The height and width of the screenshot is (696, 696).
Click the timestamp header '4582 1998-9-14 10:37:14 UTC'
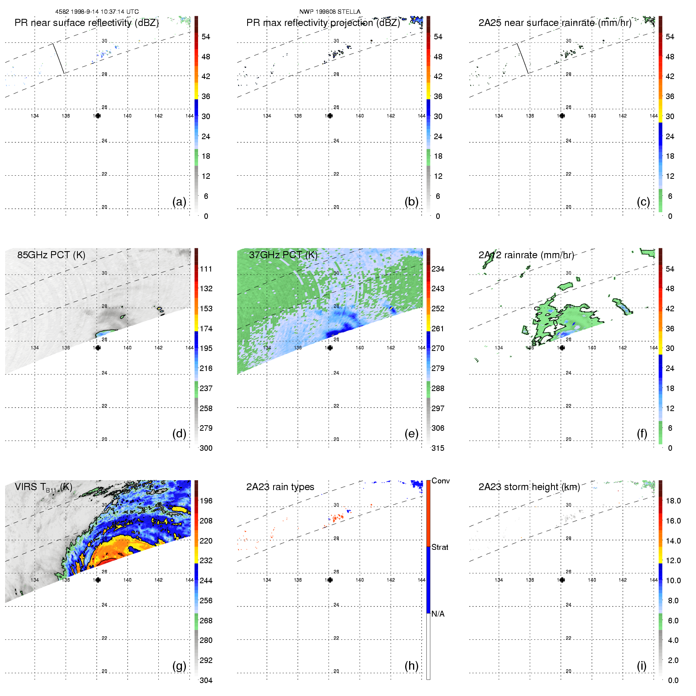pyautogui.click(x=97, y=12)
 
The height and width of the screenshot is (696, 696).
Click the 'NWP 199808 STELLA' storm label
pyautogui.click(x=330, y=12)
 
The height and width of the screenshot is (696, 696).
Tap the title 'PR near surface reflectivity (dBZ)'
pyautogui.click(x=86, y=23)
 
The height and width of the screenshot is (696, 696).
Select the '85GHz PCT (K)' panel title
pyautogui.click(x=51, y=255)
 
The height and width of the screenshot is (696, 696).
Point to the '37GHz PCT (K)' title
pyautogui.click(x=283, y=255)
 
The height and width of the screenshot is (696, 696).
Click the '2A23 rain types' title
pyautogui.click(x=280, y=487)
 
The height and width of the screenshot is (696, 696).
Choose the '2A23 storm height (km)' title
pyautogui.click(x=529, y=487)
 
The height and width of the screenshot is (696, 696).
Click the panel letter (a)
pyautogui.click(x=179, y=202)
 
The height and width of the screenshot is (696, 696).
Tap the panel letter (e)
pyautogui.click(x=411, y=433)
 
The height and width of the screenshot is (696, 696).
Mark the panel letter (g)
pyautogui.click(x=179, y=666)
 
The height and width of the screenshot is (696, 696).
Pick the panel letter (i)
pyautogui.click(x=642, y=666)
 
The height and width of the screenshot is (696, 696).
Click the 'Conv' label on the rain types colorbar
pyautogui.click(x=441, y=481)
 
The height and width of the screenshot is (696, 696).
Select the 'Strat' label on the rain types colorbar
pyautogui.click(x=440, y=547)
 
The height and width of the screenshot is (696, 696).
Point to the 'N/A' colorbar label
pyautogui.click(x=438, y=614)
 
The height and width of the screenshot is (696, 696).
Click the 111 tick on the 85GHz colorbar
pyautogui.click(x=206, y=269)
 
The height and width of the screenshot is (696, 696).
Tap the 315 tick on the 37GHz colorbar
pyautogui.click(x=438, y=448)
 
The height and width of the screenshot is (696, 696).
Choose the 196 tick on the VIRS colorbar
pyautogui.click(x=206, y=501)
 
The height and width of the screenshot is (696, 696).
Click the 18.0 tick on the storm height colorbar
pyautogui.click(x=673, y=501)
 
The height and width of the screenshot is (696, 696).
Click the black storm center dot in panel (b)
pyautogui.click(x=330, y=116)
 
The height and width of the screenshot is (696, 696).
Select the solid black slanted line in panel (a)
pyautogui.click(x=59, y=58)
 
